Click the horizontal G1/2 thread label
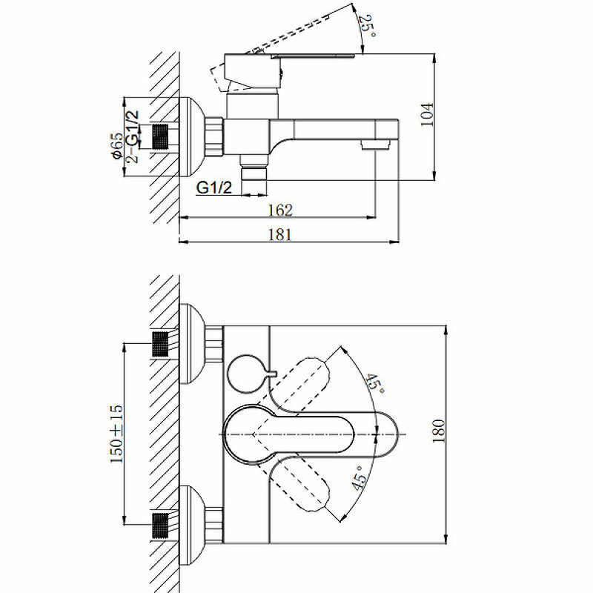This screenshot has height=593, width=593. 215,188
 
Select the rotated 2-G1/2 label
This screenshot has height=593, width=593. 133,136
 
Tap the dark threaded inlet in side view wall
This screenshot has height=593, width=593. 161,136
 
